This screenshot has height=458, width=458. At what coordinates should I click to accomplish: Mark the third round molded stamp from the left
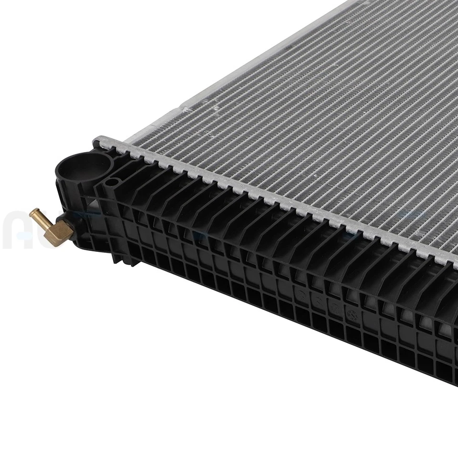point(335,308)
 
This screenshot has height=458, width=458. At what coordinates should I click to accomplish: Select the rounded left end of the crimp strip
point(98,141)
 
